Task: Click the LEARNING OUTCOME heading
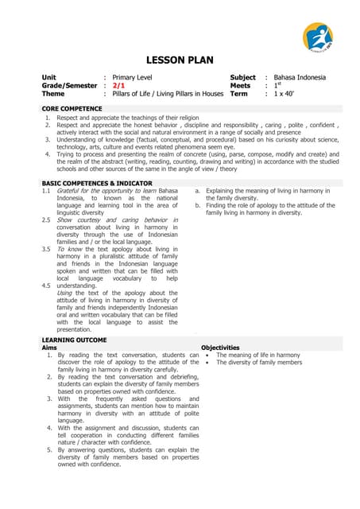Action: coord(75,340)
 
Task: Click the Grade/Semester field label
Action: coord(69,85)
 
